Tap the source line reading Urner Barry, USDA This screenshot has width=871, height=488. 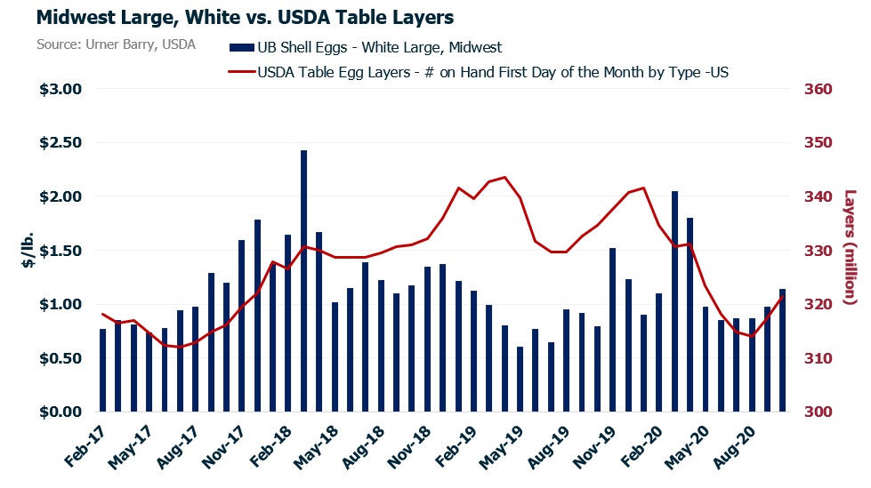pyautogui.click(x=117, y=44)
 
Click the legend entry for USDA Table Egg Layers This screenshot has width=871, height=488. pyautogui.click(x=480, y=73)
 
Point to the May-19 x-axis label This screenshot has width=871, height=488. pyautogui.click(x=502, y=450)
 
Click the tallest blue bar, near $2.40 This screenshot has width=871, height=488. pyautogui.click(x=303, y=281)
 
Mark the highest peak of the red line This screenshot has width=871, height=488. pyautogui.click(x=504, y=177)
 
